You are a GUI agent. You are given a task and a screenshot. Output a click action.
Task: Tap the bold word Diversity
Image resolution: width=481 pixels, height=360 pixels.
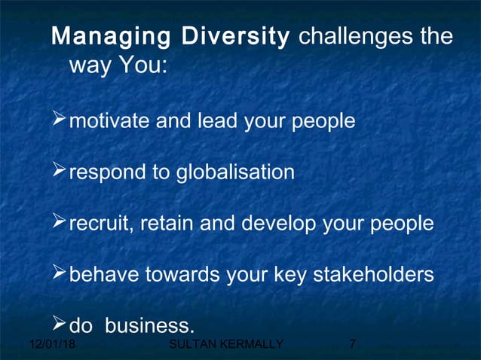(x=236, y=38)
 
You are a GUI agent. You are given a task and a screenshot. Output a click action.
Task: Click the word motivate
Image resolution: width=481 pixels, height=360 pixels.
(x=109, y=121)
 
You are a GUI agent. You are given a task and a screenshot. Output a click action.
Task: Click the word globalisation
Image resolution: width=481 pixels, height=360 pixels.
(x=235, y=172)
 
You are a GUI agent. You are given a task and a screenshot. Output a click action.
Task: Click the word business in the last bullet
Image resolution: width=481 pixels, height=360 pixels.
(x=149, y=326)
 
